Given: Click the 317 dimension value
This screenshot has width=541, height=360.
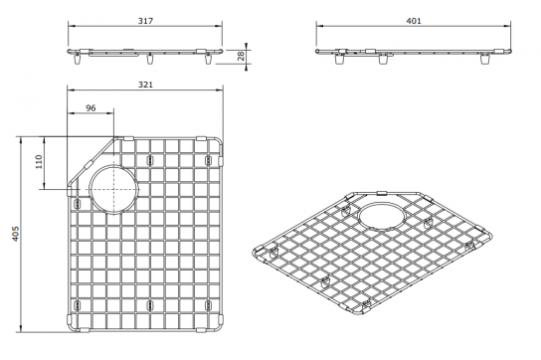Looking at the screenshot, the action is tap(145, 21).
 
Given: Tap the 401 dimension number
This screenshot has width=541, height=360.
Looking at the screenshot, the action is tap(414, 21).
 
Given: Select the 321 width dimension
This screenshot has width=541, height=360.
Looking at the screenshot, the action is tap(145, 85).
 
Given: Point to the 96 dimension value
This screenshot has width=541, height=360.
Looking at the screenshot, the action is tap(90, 108).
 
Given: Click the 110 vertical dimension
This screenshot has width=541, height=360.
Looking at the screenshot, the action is tap(39, 161).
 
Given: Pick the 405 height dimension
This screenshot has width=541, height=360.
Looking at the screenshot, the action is tap(15, 234).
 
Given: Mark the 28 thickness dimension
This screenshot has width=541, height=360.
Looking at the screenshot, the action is tap(242, 56).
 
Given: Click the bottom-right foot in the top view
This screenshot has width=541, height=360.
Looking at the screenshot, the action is tap(208, 305).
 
